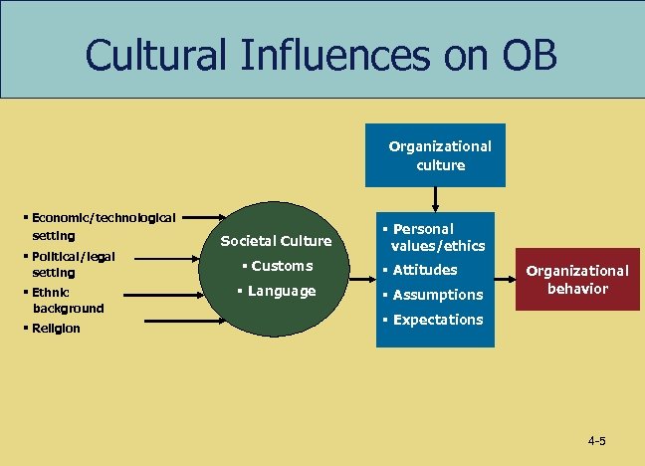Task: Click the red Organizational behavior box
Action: pos(577,280)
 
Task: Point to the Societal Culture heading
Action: pos(276,241)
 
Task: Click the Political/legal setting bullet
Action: pos(73,264)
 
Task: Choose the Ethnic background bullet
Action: pos(67,300)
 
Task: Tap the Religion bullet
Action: pos(56,329)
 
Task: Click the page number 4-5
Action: pos(597,440)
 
